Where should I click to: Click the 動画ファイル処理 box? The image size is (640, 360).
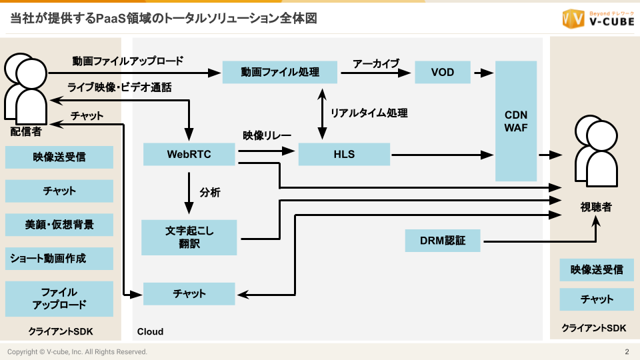(280, 72)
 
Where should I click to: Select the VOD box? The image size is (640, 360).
(443, 72)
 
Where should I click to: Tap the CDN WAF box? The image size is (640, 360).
(516, 121)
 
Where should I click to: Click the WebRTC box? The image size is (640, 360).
(189, 155)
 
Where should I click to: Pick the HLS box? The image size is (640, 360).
(344, 155)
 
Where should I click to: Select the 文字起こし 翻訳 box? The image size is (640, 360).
(189, 237)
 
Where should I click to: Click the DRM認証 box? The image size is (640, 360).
(443, 240)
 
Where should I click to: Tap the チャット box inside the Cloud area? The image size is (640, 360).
(189, 293)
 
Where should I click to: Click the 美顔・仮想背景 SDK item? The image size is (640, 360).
(59, 225)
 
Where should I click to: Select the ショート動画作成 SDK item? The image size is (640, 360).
(59, 258)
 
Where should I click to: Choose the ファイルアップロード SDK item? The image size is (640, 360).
(59, 299)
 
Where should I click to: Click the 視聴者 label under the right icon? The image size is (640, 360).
(595, 207)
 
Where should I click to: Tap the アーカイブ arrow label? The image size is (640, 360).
(376, 63)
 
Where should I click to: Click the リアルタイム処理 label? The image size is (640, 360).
(369, 113)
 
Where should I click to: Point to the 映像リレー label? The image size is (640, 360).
(267, 135)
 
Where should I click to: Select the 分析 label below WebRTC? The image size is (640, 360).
(210, 193)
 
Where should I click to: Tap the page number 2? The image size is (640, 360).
(627, 351)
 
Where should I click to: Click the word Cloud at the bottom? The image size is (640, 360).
(150, 331)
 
